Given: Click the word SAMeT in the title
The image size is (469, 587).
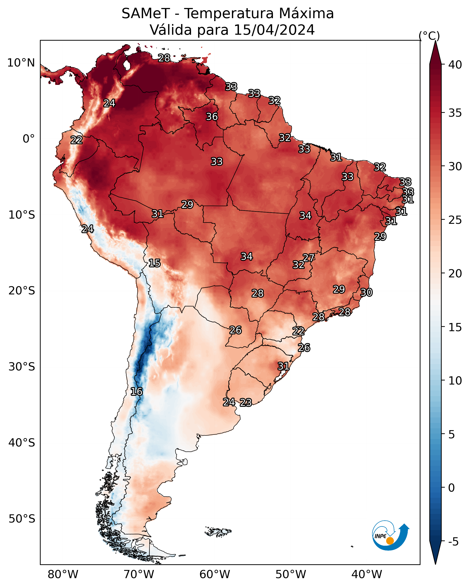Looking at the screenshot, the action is click(x=146, y=13).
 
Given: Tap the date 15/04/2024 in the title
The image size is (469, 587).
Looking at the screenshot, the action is click(x=274, y=30).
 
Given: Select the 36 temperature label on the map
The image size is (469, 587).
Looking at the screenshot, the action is click(x=212, y=116).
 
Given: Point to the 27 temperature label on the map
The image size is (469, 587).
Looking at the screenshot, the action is click(x=309, y=258).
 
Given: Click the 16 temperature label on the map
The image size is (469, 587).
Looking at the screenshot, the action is click(x=136, y=392).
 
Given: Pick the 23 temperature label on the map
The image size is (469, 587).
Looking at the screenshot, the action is click(x=246, y=402).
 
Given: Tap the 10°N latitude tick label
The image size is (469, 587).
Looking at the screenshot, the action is click(x=21, y=63).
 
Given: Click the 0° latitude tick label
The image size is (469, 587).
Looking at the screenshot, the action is click(x=29, y=139).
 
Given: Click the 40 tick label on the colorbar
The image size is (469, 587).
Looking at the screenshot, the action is click(x=455, y=65).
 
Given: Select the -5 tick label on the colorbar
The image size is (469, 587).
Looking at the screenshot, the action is click(x=453, y=542).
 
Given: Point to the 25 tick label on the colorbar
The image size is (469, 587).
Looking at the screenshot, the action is click(x=455, y=220).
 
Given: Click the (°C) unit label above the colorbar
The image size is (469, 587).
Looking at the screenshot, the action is click(x=429, y=36).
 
